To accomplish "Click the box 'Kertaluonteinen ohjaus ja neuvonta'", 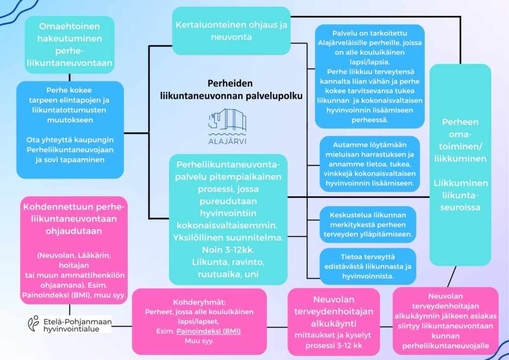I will tap(231, 30).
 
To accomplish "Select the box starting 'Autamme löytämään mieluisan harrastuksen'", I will tap(370, 164).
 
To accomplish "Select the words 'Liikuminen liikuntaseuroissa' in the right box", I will tap(460, 195).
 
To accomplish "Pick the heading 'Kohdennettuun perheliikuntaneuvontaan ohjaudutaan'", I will tap(74, 219).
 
